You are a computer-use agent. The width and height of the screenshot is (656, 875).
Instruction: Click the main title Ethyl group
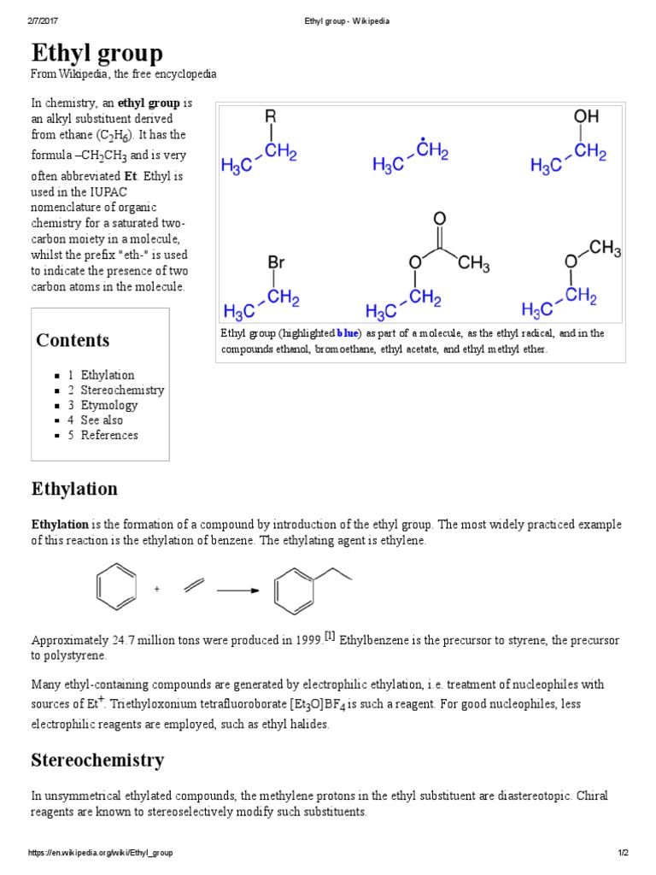pyautogui.click(x=97, y=54)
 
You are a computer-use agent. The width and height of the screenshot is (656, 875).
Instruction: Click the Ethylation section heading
pyautogui.click(x=74, y=490)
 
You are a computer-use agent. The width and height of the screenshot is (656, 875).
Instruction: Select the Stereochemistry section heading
pyautogui.click(x=97, y=760)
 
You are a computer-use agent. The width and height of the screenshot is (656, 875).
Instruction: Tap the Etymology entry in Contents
pyautogui.click(x=108, y=405)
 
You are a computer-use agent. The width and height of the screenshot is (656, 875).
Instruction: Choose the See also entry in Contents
pyautogui.click(x=102, y=420)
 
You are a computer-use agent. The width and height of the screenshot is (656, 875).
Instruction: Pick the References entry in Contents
pyautogui.click(x=109, y=435)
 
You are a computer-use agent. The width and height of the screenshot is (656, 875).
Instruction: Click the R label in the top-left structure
pyautogui.click(x=271, y=115)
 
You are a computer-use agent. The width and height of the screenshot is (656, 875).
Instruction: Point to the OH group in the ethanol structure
pyautogui.click(x=586, y=115)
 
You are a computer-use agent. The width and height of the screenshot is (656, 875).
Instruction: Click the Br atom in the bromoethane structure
pyautogui.click(x=276, y=262)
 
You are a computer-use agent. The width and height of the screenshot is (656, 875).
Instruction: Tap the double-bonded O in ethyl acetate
pyautogui.click(x=440, y=219)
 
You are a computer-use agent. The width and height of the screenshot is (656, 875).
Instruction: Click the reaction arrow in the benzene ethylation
pyautogui.click(x=238, y=590)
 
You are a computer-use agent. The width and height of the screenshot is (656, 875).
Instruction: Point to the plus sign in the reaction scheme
pyautogui.click(x=157, y=590)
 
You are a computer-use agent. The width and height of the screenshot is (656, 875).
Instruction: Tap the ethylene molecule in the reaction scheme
pyautogui.click(x=194, y=586)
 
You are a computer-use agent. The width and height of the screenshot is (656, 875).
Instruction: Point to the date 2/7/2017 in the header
pyautogui.click(x=41, y=21)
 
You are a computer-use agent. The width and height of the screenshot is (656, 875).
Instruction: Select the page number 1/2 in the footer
pyautogui.click(x=624, y=853)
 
